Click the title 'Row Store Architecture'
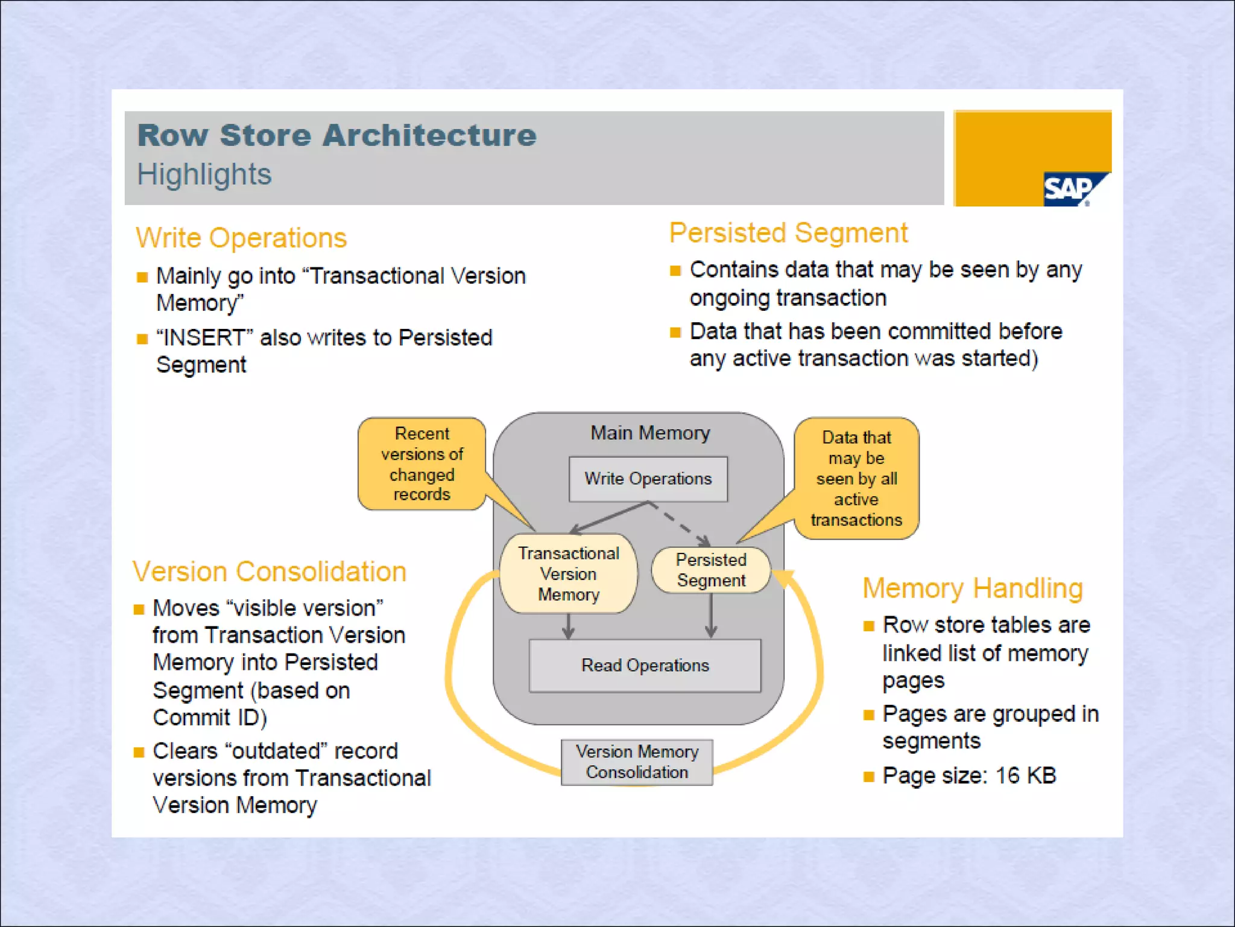(336, 135)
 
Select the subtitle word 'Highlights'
(204, 174)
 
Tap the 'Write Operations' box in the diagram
(648, 479)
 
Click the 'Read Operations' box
(645, 665)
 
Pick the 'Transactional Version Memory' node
(569, 574)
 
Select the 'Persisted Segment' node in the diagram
(711, 570)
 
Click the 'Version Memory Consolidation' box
(637, 762)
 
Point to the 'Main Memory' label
(650, 433)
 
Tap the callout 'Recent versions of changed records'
(422, 463)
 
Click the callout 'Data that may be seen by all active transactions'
(856, 478)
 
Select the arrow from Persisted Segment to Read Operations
(712, 616)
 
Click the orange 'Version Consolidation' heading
(270, 572)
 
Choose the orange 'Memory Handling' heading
(973, 588)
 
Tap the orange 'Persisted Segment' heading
(788, 233)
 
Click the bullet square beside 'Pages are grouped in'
(869, 715)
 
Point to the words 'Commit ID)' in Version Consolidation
(210, 718)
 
